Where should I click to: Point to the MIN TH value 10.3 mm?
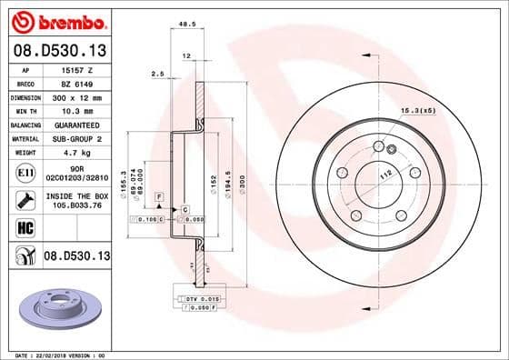(x=74, y=109)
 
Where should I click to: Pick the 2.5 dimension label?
(x=157, y=75)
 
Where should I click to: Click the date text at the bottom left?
(x=60, y=354)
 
